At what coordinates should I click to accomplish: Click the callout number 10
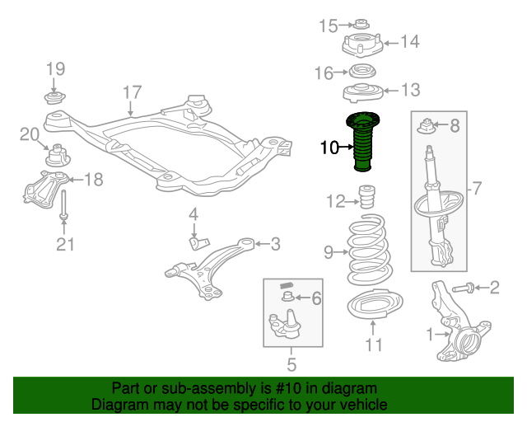[329, 148]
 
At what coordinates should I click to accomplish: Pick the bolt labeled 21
[63, 208]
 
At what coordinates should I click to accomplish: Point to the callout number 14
[409, 41]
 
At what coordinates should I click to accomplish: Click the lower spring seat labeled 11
[373, 308]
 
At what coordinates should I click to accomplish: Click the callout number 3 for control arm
[274, 243]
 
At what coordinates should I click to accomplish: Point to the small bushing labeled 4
[198, 241]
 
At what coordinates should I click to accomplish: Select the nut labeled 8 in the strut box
[427, 126]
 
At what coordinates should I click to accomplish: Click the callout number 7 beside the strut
[475, 189]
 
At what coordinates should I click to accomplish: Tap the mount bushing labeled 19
[54, 98]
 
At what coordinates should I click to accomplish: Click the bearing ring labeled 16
[360, 71]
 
